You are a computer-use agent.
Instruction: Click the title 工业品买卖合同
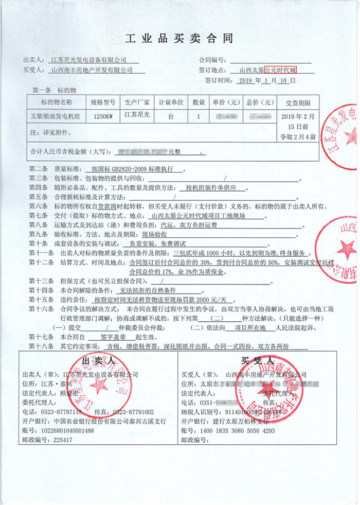click(x=179, y=39)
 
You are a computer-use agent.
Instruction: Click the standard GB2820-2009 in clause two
click(x=132, y=169)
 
